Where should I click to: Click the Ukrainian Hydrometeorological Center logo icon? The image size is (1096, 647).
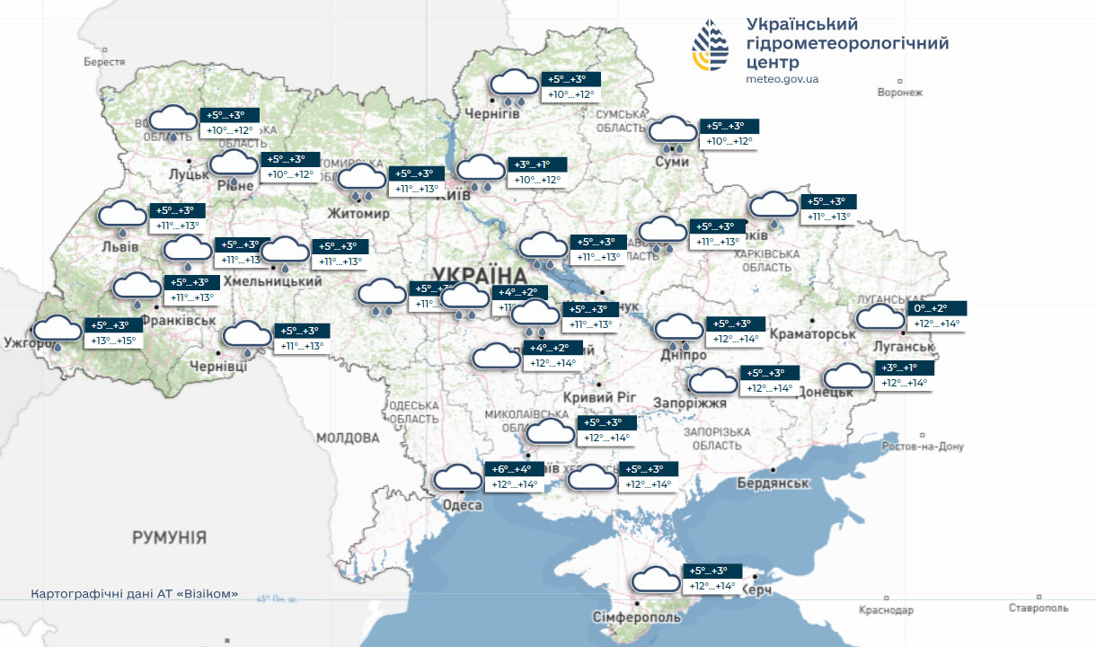coord(710,47)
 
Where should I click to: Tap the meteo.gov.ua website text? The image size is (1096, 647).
coord(782,79)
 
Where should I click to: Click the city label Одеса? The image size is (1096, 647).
coord(463,505)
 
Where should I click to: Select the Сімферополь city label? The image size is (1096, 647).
coord(638,617)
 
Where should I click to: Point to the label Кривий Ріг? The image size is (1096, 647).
coord(599,397)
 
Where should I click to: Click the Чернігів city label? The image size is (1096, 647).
coord(492,113)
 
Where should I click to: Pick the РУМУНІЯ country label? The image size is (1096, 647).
coord(169,538)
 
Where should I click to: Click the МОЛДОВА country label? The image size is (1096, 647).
coord(348,438)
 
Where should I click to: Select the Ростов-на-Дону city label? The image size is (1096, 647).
coord(924,447)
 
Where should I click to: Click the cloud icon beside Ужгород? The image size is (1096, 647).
coord(57,330)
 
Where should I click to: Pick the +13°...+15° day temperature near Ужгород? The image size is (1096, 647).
coord(113,341)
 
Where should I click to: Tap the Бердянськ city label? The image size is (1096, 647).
coord(773,483)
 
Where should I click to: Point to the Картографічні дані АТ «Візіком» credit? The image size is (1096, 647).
coord(135,595)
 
